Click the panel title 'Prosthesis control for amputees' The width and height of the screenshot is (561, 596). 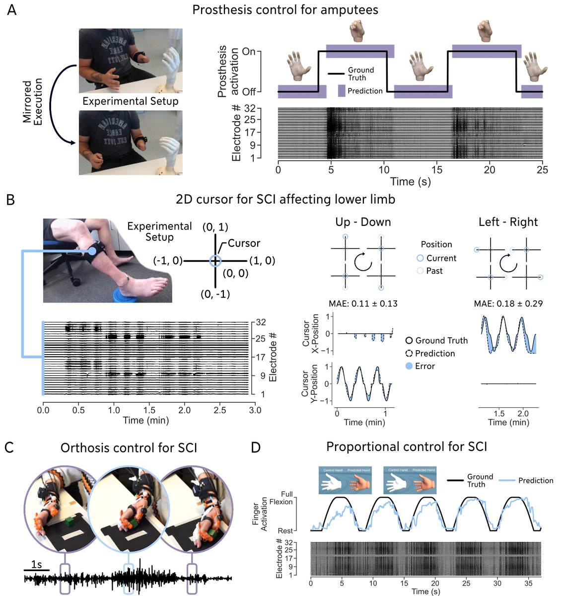pos(285,9)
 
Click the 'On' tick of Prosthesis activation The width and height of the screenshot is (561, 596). pos(249,52)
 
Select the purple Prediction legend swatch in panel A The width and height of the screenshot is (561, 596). pos(342,91)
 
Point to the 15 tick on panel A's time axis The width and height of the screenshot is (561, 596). pos(437,170)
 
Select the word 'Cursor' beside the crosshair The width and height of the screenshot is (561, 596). pos(244,243)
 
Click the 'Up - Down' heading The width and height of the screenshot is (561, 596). pos(363,222)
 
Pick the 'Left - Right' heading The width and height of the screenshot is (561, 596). pos(508,222)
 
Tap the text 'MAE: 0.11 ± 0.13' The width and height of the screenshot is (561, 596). pos(363,303)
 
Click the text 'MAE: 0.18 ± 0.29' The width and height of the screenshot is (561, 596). pos(508,303)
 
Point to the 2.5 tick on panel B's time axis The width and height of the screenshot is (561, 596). pos(220,410)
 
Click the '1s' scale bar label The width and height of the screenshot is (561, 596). pos(36,565)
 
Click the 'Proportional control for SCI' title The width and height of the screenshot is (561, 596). pos(406,447)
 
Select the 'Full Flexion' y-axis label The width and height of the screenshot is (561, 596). pos(283,498)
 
